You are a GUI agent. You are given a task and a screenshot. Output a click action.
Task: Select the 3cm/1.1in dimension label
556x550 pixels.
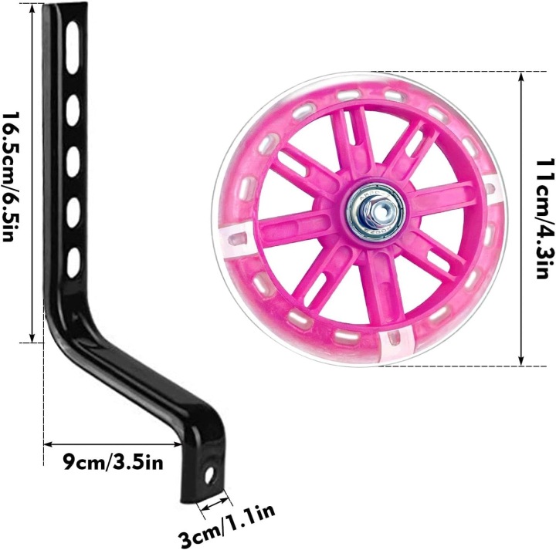[226, 526]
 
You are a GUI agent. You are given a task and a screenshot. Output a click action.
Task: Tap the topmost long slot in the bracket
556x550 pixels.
[73, 48]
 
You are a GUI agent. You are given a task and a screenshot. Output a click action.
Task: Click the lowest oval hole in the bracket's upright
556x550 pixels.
[74, 262]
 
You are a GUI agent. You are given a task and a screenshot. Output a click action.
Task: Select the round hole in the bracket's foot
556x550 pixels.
[209, 474]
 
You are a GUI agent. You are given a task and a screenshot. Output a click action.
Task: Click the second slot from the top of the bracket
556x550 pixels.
[73, 110]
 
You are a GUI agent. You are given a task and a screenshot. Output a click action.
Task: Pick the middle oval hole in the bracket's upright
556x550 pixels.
[73, 161]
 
